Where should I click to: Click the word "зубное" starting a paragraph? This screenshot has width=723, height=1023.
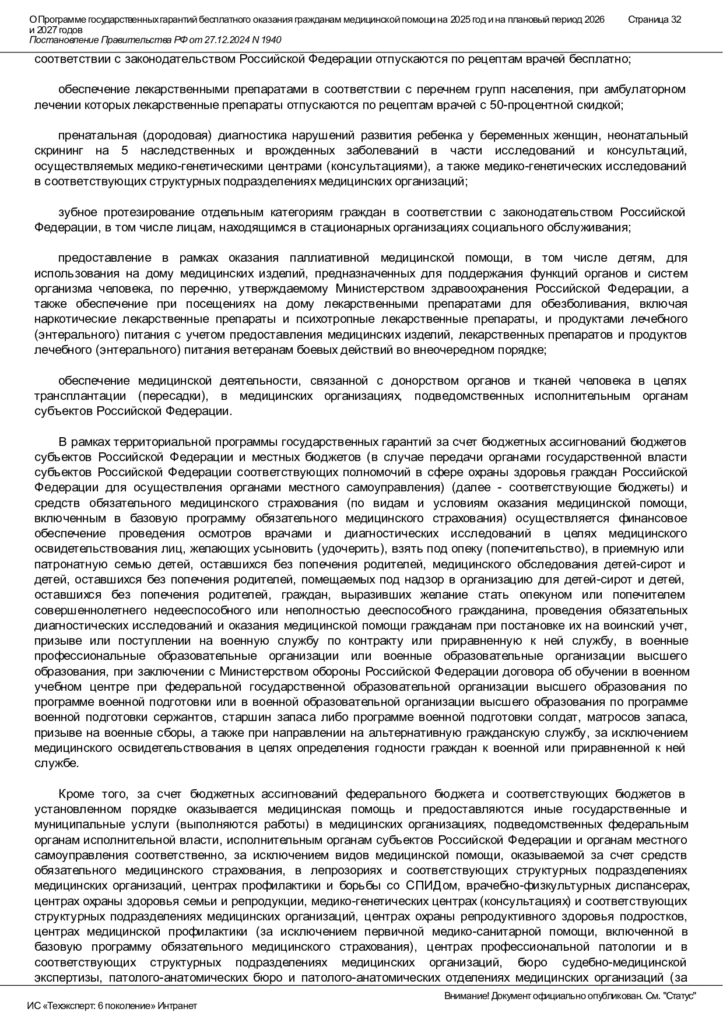click(x=75, y=212)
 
